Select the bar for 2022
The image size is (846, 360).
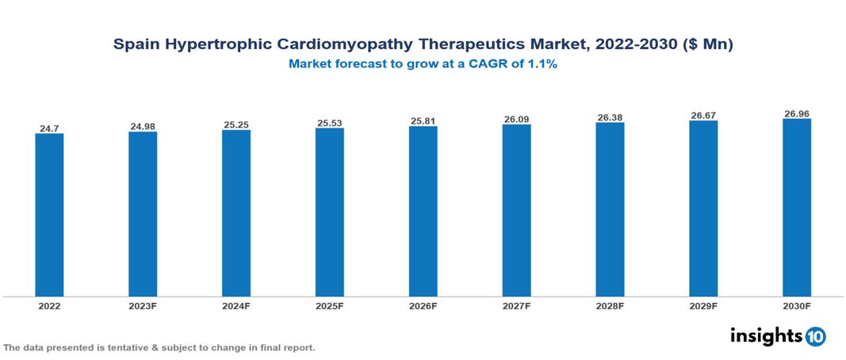pyautogui.click(x=49, y=214)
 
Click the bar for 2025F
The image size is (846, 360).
pyautogui.click(x=329, y=212)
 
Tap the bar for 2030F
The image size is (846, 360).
pyautogui.click(x=796, y=208)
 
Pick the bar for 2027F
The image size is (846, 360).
pyautogui.click(x=516, y=210)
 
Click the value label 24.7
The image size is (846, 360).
pyautogui.click(x=49, y=127)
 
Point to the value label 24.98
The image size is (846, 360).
pyautogui.click(x=143, y=126)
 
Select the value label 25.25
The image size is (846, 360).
pyautogui.click(x=236, y=124)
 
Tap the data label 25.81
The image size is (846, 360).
pyautogui.click(x=423, y=121)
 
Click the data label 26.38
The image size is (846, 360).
pyautogui.click(x=610, y=117)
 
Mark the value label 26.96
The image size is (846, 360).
pyautogui.click(x=796, y=113)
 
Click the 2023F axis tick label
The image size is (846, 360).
pyautogui.click(x=143, y=305)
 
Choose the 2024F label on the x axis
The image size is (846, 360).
pyautogui.click(x=236, y=305)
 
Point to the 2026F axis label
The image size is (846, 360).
pyautogui.click(x=423, y=305)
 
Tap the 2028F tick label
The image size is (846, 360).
pyautogui.click(x=610, y=305)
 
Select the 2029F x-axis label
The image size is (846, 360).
pyautogui.click(x=703, y=305)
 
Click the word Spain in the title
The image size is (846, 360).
pyautogui.click(x=136, y=45)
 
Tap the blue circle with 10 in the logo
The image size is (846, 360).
pyautogui.click(x=815, y=336)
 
